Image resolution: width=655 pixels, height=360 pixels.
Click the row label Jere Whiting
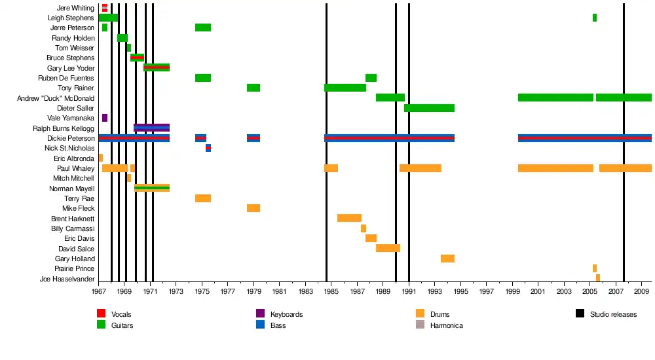(x=75, y=9)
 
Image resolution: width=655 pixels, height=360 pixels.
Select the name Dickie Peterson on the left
(x=71, y=139)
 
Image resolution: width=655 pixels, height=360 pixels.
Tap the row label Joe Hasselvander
(x=67, y=279)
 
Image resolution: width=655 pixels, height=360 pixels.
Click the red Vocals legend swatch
(x=101, y=314)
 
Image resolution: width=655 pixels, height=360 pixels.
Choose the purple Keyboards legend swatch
(x=260, y=314)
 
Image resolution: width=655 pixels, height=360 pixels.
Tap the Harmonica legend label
(x=446, y=325)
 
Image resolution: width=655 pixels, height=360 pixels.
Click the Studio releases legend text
(x=613, y=314)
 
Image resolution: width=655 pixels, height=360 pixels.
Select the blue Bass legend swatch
(x=260, y=325)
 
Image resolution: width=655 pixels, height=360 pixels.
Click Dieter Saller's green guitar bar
(x=429, y=108)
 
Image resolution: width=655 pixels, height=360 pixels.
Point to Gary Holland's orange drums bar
(x=447, y=259)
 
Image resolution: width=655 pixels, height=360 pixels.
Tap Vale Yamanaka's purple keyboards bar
(x=105, y=118)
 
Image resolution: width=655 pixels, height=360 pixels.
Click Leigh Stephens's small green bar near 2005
(x=594, y=18)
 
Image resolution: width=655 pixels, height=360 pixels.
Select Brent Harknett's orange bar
(x=349, y=218)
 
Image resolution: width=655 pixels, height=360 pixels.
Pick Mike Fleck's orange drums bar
(x=253, y=208)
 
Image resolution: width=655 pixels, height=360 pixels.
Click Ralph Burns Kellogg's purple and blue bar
(x=151, y=128)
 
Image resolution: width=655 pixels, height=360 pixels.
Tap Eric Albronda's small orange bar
(x=101, y=158)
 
